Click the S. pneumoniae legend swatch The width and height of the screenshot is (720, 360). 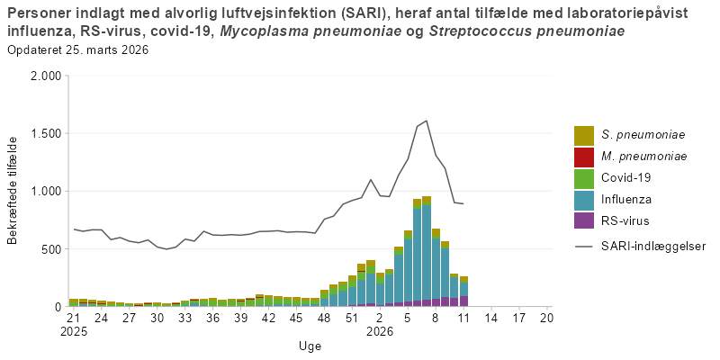pos(584,135)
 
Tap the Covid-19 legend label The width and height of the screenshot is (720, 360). pos(626,178)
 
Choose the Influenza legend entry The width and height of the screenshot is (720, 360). pos(626,199)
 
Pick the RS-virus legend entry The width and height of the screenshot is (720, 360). pos(625,220)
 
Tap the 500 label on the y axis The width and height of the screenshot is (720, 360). pos(50,249)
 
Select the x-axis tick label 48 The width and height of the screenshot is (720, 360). pos(324,318)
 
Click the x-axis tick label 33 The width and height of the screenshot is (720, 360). pos(184,318)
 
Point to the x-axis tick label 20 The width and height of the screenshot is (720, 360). pos(546,318)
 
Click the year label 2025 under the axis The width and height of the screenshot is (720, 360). pos(74,330)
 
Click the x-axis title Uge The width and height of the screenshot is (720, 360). pos(310,346)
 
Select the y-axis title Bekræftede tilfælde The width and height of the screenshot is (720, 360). pos(13,190)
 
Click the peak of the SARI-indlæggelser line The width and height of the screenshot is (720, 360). pos(426,121)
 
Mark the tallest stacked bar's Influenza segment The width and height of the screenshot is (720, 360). pos(426,252)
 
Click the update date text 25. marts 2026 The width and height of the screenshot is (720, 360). pos(107,49)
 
